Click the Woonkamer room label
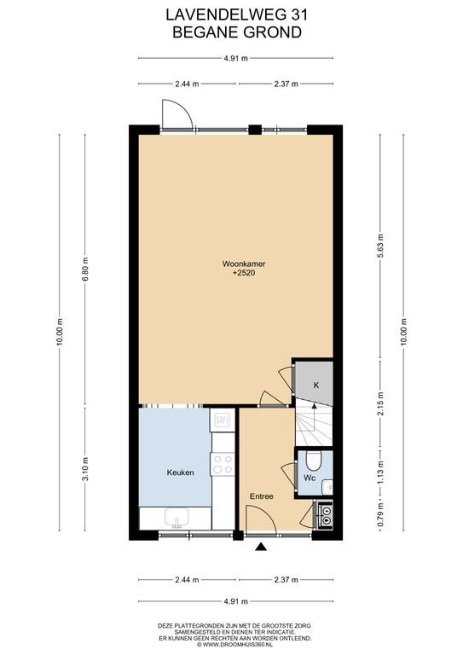click(244, 264)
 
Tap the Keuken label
click(181, 472)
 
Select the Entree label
click(262, 496)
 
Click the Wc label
click(310, 478)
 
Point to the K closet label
click(316, 385)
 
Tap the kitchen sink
click(177, 518)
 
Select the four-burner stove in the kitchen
click(223, 464)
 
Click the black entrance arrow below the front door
click(262, 547)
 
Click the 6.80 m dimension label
click(84, 269)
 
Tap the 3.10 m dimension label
click(84, 469)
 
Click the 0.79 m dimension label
click(380, 515)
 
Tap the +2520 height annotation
click(244, 273)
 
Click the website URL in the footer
click(235, 644)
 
